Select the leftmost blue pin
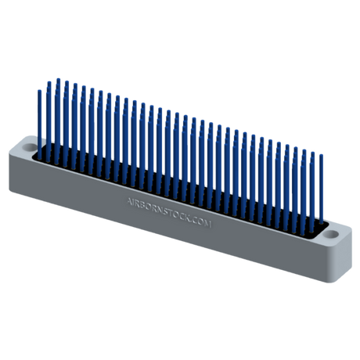click(x=38, y=117)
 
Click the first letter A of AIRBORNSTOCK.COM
click(x=128, y=199)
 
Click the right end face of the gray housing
click(x=345, y=247)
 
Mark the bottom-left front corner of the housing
click(x=10, y=189)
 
